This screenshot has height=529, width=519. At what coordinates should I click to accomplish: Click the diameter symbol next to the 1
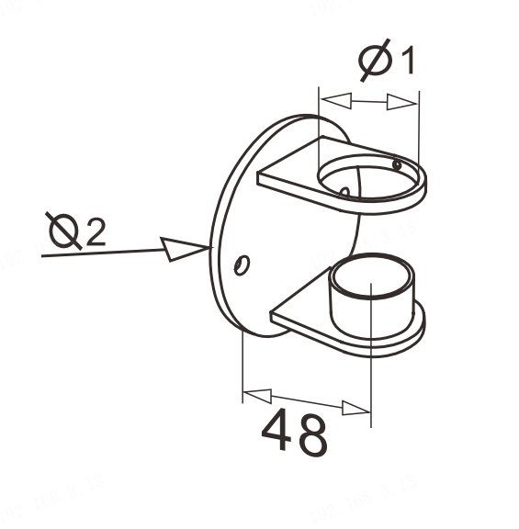point(376,60)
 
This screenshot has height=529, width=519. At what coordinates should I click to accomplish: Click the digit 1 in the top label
point(407,60)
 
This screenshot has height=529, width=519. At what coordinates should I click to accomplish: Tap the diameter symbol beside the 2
point(64,231)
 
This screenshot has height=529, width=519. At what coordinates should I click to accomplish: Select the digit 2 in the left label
point(96,231)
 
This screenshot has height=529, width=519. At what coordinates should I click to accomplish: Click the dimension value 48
point(294,433)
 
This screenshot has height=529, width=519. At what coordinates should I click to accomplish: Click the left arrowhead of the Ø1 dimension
point(336,100)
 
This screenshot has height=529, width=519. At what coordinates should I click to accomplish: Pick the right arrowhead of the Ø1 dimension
point(401,102)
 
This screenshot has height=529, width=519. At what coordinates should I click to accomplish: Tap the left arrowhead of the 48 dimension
point(257,396)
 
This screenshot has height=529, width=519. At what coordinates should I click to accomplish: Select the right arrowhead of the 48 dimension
point(356,408)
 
